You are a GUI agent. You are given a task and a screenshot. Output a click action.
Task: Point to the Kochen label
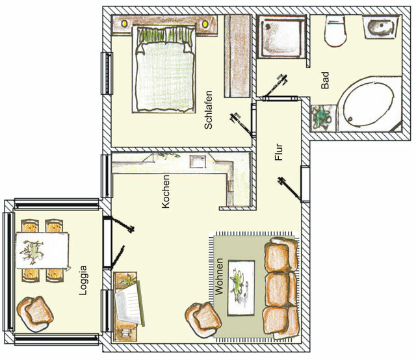(x=166, y=192)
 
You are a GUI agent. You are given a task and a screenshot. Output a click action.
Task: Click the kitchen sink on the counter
(x=197, y=162)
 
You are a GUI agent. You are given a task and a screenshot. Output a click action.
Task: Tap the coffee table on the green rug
(x=243, y=279)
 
